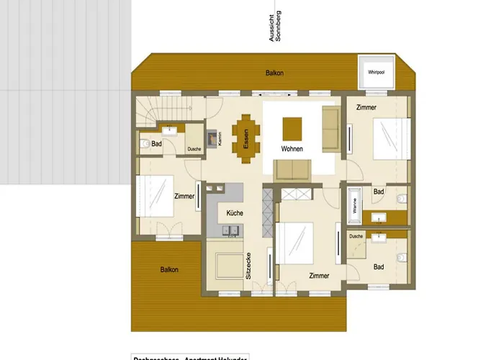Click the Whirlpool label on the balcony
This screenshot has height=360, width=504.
point(375,73)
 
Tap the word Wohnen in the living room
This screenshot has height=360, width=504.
point(292,149)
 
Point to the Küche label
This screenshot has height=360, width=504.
point(235,213)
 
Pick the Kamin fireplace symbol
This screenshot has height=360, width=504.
point(212,138)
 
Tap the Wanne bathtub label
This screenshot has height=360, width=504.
point(354,204)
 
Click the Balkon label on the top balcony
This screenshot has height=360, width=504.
point(274,73)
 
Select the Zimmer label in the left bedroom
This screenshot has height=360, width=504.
point(184,196)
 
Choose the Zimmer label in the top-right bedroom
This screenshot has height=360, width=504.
point(366,107)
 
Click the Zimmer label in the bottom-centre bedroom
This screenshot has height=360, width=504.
point(318,276)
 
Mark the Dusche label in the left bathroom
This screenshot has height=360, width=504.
point(194,149)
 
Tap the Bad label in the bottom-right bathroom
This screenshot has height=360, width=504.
point(379,267)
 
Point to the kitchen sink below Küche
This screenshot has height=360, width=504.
point(231,231)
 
